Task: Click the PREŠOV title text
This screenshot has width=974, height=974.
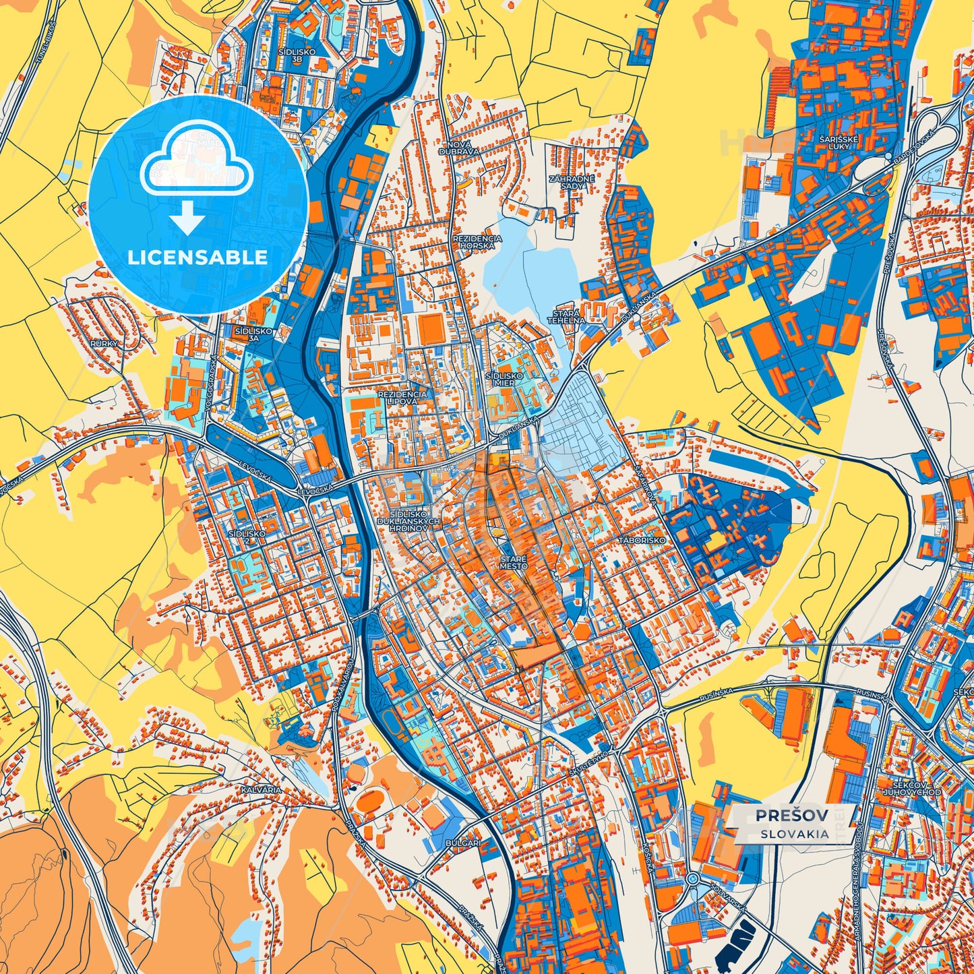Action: pos(791,815)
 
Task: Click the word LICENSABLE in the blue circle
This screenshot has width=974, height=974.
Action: pos(198,257)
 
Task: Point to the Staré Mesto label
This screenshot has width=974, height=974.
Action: pos(514,563)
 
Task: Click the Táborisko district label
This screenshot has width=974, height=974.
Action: pos(644,541)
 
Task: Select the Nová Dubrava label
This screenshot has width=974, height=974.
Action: pos(459,148)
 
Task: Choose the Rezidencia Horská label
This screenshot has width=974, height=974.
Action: pos(477,243)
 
